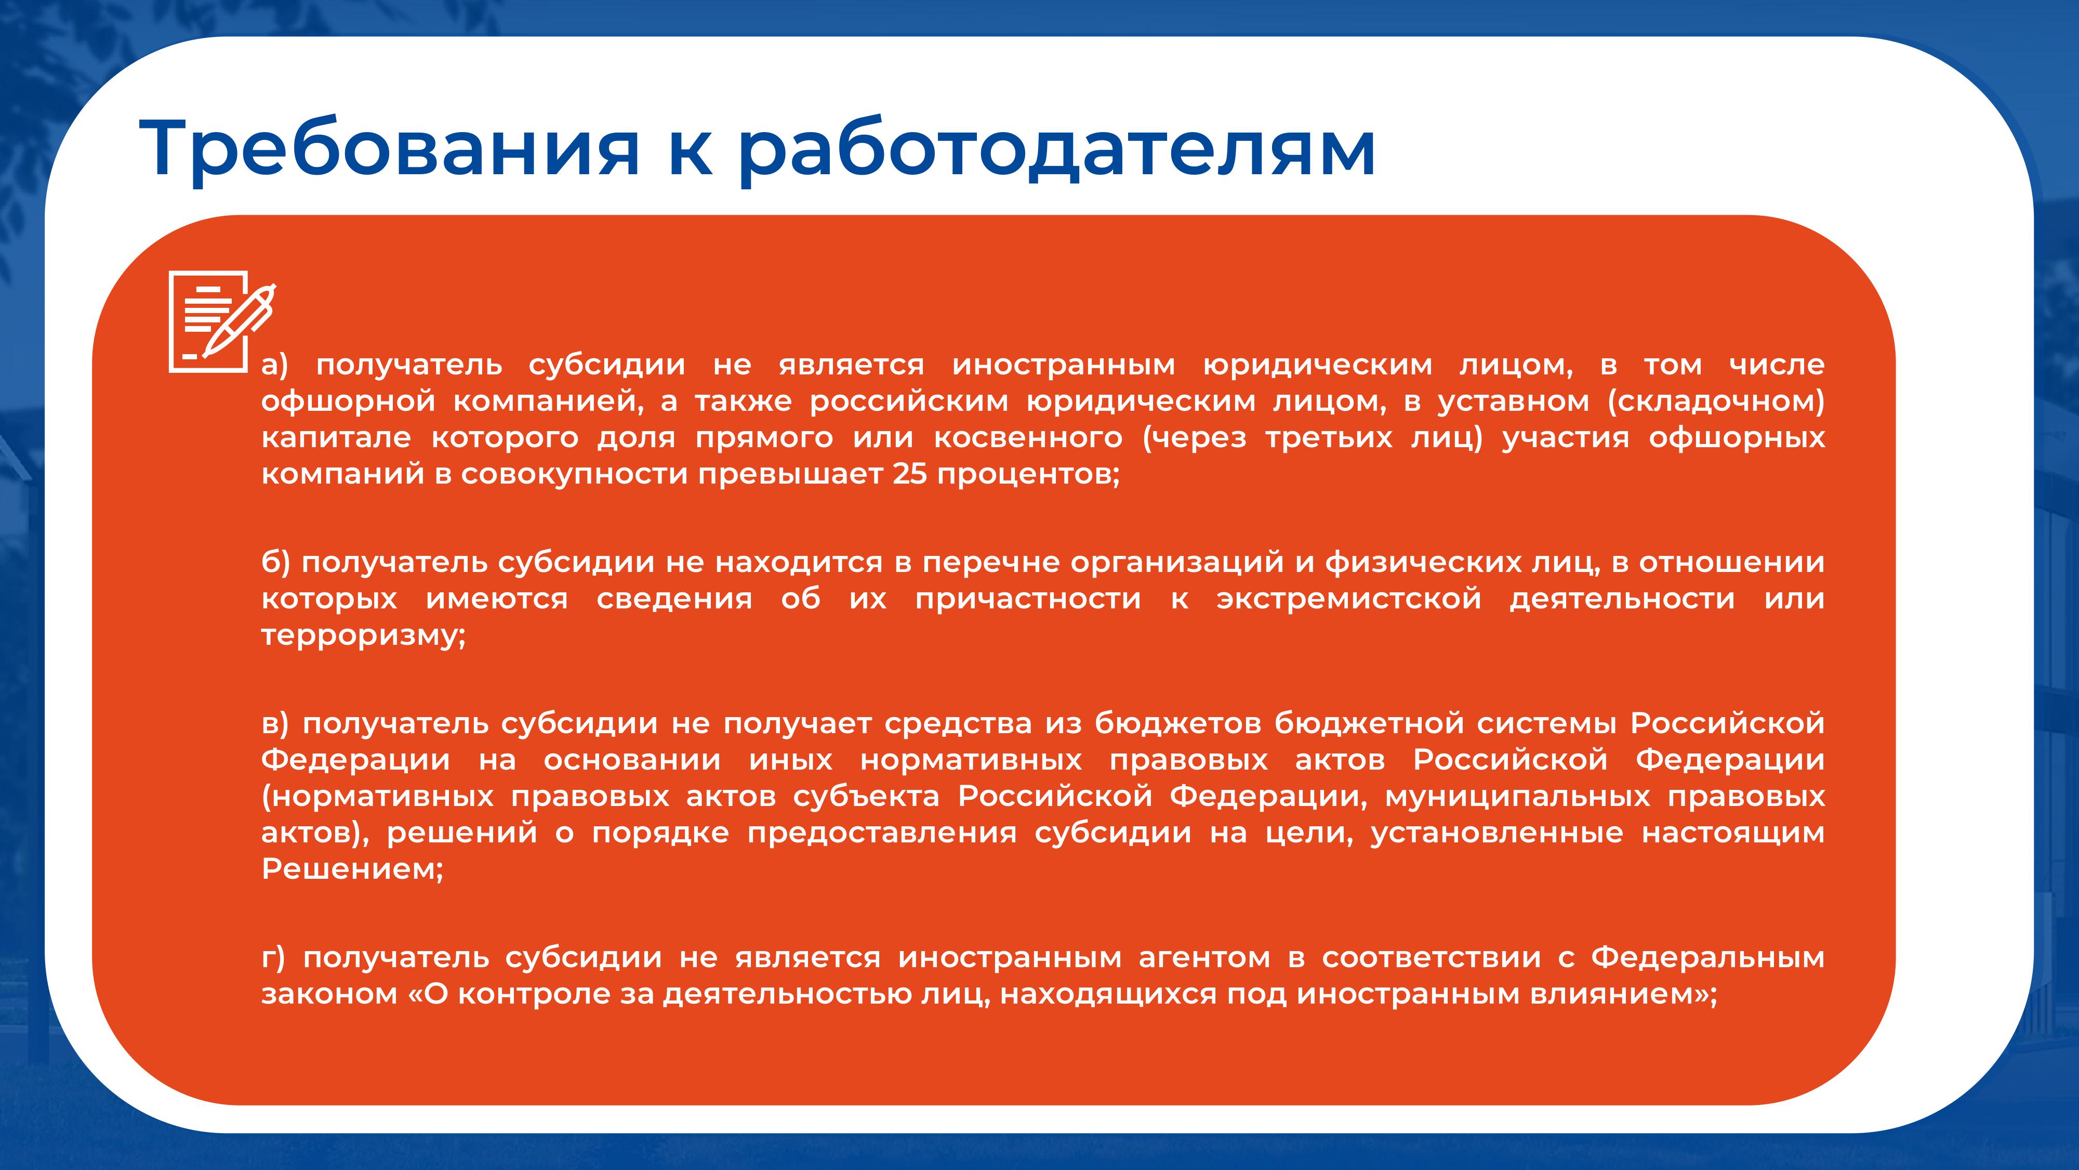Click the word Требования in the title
390,148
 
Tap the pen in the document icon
239,320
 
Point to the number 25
909,473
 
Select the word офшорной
348,401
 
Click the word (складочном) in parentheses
1716,401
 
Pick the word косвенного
1028,438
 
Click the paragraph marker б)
275,562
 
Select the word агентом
1204,958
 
